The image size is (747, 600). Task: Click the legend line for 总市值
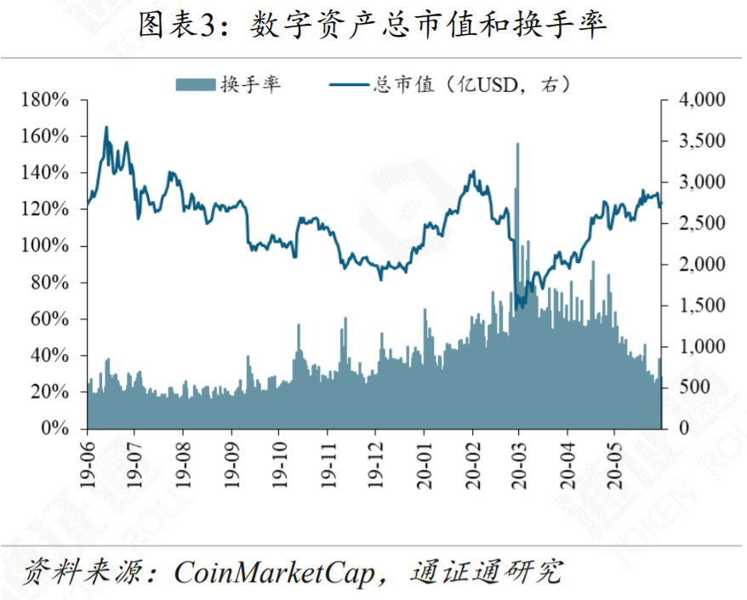point(348,83)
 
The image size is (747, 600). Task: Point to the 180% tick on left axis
point(48,100)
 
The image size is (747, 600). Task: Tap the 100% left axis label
point(48,246)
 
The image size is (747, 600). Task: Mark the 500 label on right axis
point(692,387)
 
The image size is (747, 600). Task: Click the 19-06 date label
point(87,464)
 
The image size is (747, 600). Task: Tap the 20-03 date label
point(521,464)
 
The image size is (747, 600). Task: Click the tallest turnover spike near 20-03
point(517,146)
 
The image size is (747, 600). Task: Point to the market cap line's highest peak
point(106,127)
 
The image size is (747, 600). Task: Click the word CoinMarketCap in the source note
point(274,573)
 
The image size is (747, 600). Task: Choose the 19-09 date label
point(232,464)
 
